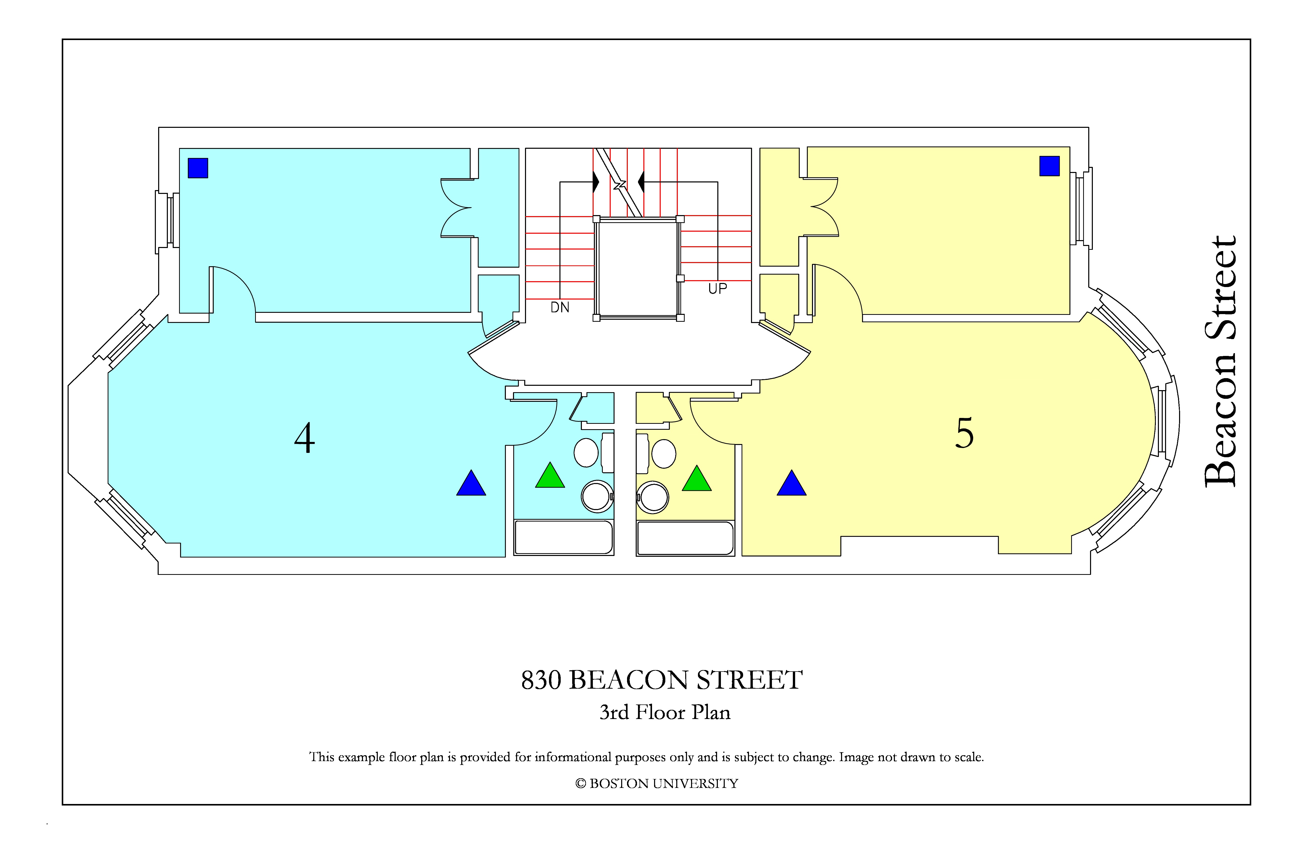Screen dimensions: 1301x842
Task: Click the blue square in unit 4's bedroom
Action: [x=198, y=168]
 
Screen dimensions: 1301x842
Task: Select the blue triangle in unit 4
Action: [x=471, y=483]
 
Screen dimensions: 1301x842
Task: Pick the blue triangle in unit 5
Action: [x=792, y=483]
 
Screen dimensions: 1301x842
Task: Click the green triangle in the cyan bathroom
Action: [x=550, y=475]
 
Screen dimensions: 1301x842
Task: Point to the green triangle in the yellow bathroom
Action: [x=697, y=478]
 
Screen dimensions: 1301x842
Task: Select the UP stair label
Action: [x=718, y=289]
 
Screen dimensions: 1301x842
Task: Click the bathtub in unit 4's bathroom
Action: [x=564, y=537]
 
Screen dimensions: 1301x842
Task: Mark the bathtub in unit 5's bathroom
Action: [x=685, y=539]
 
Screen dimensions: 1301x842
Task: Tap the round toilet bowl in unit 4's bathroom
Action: [x=597, y=497]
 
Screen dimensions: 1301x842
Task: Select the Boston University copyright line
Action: [x=657, y=784]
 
